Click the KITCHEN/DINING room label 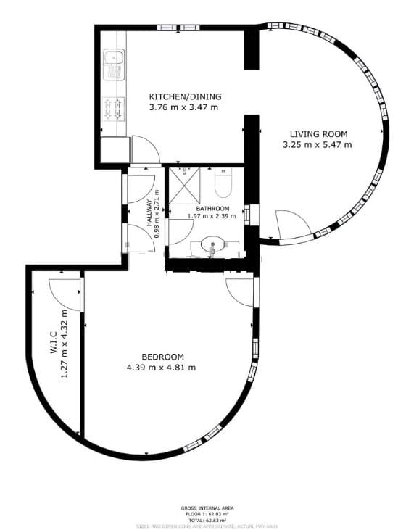point(185,96)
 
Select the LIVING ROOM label point(319,133)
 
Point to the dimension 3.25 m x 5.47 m point(318,144)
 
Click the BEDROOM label point(160,357)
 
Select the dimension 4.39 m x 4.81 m point(161,367)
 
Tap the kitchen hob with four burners point(114,109)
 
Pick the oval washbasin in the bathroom point(212,244)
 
